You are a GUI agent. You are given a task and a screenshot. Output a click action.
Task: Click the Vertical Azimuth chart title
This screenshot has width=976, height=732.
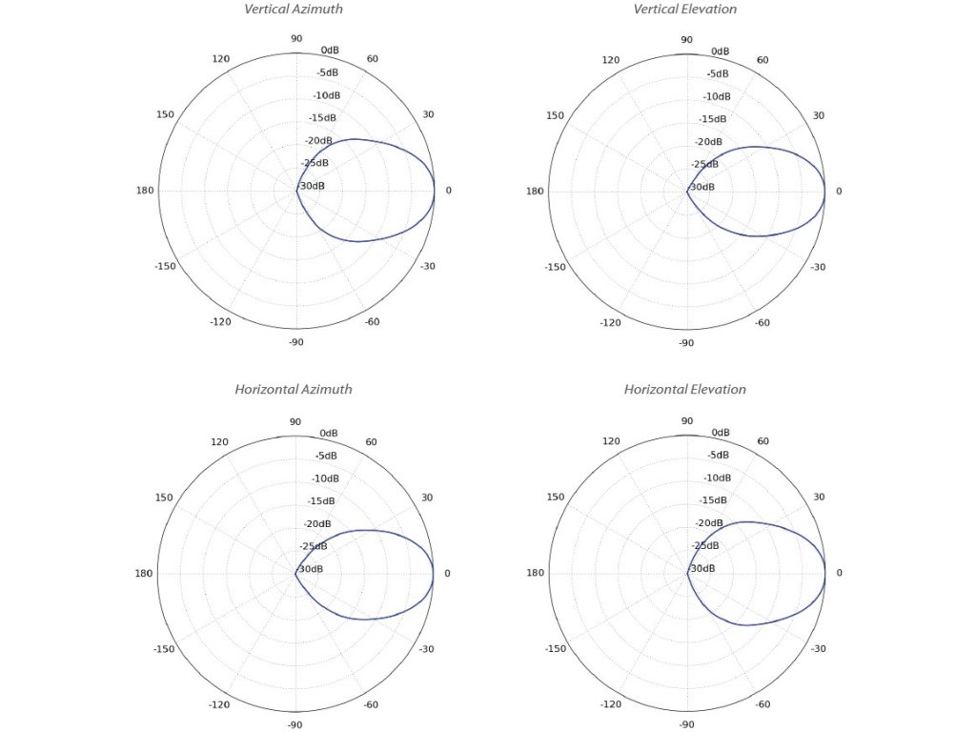(294, 10)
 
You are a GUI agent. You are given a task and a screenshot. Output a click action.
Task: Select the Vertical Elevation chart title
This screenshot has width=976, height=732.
(685, 10)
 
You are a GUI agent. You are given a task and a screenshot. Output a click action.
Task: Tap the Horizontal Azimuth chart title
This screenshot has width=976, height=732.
(294, 389)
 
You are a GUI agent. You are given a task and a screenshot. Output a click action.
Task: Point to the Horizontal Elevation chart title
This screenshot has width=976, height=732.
(685, 389)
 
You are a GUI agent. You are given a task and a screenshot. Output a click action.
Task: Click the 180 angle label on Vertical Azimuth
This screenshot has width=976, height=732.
(145, 191)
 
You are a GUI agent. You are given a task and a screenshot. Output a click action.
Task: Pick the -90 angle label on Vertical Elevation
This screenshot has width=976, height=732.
(686, 342)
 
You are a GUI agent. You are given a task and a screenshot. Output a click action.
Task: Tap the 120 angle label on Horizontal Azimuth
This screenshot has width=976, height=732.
(220, 442)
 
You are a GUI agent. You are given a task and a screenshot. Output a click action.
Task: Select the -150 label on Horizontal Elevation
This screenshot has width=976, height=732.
(556, 648)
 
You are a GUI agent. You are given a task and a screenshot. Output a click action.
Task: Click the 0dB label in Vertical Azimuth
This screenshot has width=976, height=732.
(331, 50)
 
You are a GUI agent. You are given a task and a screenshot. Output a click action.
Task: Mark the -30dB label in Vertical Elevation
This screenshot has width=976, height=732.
(703, 187)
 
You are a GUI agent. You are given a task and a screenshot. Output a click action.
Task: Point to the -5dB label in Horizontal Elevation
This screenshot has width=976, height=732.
(718, 455)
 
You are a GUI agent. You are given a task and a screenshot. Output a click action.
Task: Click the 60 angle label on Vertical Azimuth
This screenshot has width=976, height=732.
(373, 59)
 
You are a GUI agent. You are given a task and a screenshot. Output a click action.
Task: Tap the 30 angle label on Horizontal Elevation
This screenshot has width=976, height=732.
(818, 497)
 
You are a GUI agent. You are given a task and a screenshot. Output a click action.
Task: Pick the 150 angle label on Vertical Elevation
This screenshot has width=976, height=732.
(556, 115)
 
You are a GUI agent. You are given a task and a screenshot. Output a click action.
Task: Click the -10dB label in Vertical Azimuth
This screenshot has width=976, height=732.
(327, 95)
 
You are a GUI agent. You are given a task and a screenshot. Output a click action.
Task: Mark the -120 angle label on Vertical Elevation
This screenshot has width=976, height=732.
(611, 322)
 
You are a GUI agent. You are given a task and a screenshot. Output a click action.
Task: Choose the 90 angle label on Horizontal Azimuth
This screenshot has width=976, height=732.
(295, 421)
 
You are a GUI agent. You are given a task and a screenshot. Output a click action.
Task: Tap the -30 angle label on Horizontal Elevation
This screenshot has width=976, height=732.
(818, 648)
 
